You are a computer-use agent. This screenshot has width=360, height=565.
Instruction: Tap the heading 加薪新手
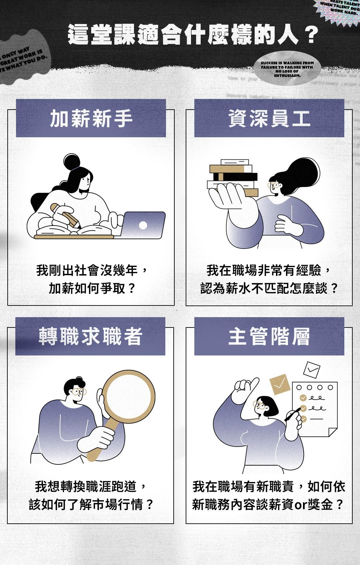[x=91, y=119]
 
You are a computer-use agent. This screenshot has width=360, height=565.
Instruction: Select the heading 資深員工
[x=269, y=119]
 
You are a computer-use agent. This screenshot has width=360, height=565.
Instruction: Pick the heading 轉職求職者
[x=90, y=336]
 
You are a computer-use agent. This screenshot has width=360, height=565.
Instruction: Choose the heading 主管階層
[x=269, y=336]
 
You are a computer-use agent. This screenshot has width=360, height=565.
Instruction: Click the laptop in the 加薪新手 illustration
[x=143, y=225]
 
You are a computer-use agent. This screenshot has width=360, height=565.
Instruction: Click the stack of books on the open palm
[x=233, y=177]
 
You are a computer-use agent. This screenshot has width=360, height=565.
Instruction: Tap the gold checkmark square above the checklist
[x=279, y=384]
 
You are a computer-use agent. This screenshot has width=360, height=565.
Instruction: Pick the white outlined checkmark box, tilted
[x=311, y=369]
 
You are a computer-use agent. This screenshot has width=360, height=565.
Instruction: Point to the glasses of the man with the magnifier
[x=79, y=392]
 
